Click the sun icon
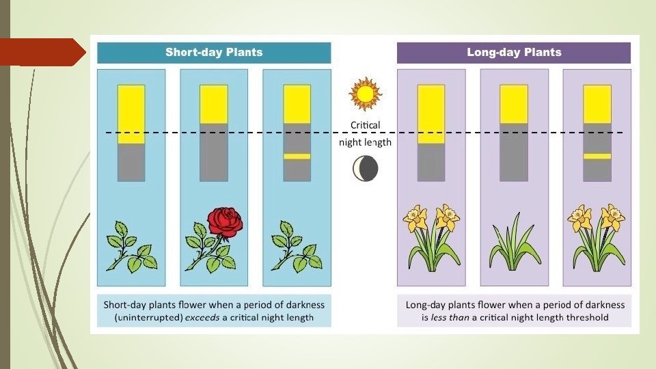click(364, 94)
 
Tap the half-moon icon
click(366, 169)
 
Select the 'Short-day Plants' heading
click(214, 53)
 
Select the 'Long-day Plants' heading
click(514, 53)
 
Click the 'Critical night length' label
click(366, 134)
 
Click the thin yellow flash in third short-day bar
click(297, 156)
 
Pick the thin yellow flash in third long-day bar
click(597, 156)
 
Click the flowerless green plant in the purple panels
click(514, 242)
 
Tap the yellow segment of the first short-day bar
click(131, 114)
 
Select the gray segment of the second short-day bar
click(214, 152)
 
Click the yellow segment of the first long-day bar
click(431, 114)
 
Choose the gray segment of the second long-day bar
click(514, 152)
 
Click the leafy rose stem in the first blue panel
click(131, 246)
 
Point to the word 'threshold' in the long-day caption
click(586, 317)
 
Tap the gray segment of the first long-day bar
click(431, 162)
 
